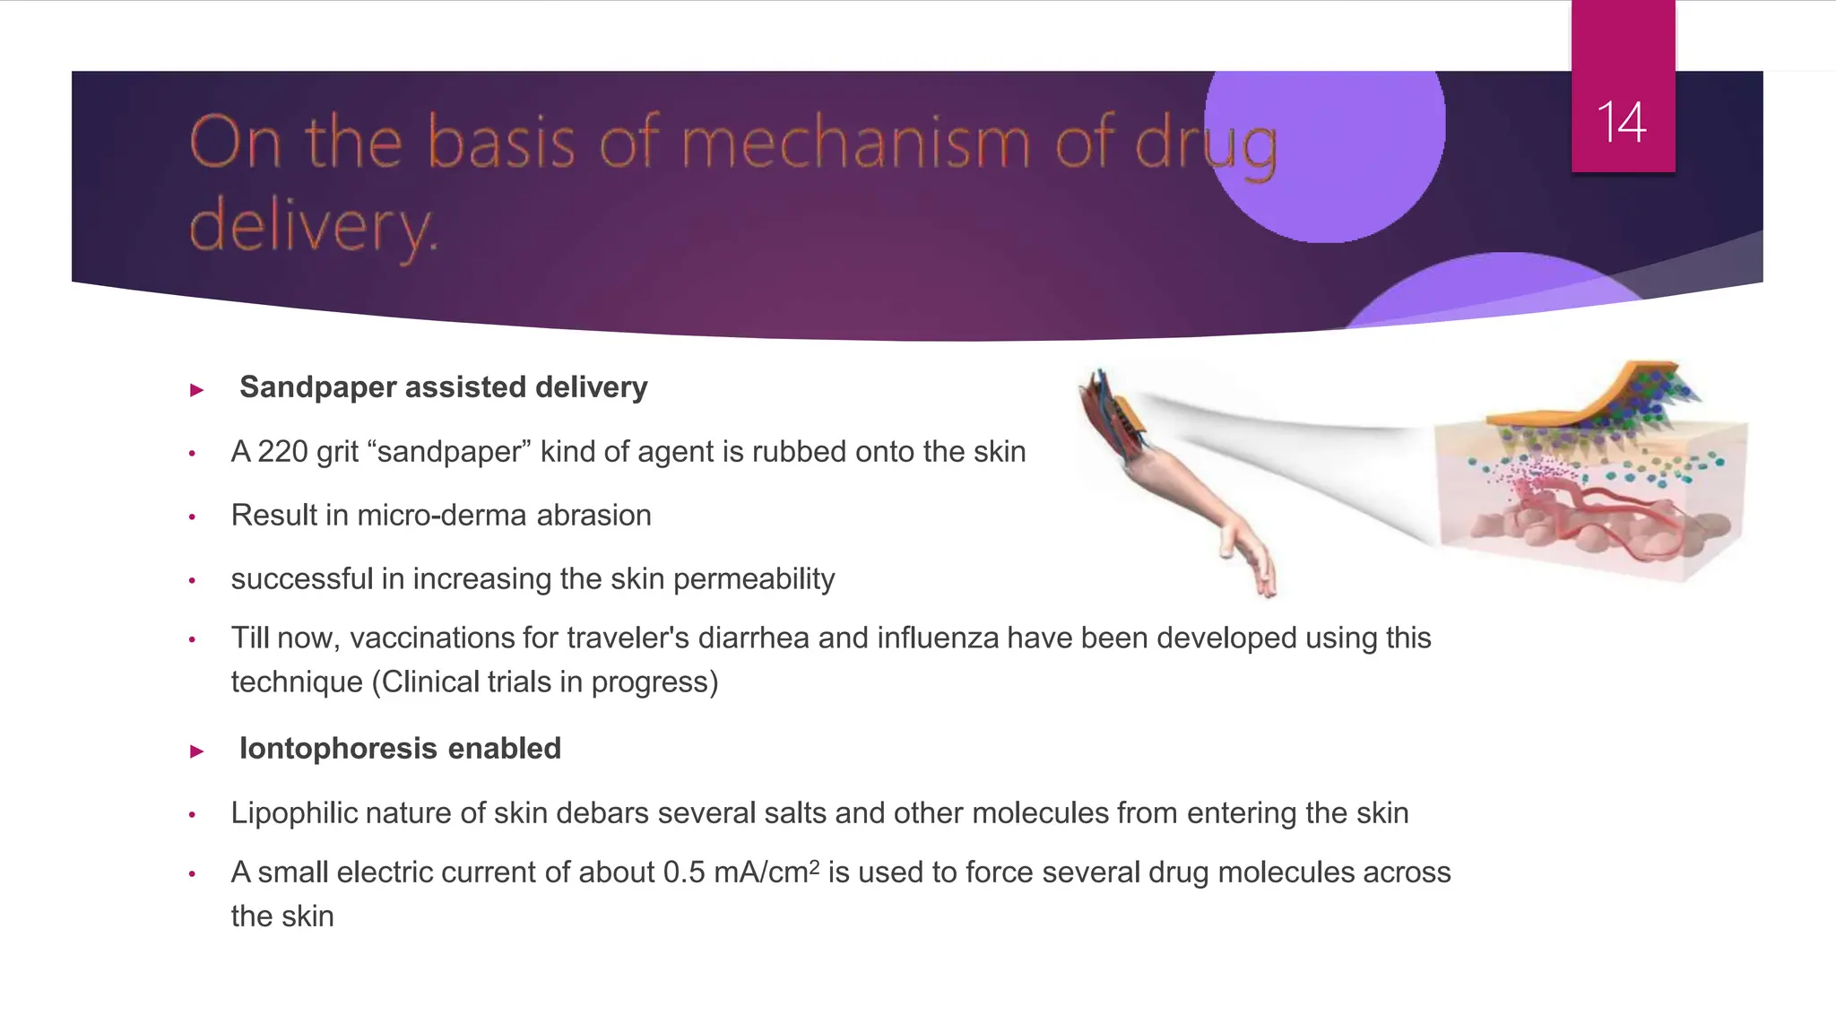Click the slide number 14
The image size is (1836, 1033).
pos(1622,122)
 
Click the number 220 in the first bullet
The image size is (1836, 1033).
pos(282,452)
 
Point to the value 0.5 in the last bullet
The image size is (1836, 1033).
pos(684,872)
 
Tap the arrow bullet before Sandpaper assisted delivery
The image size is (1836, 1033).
pos(197,390)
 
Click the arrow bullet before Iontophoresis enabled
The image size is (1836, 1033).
pos(197,751)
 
